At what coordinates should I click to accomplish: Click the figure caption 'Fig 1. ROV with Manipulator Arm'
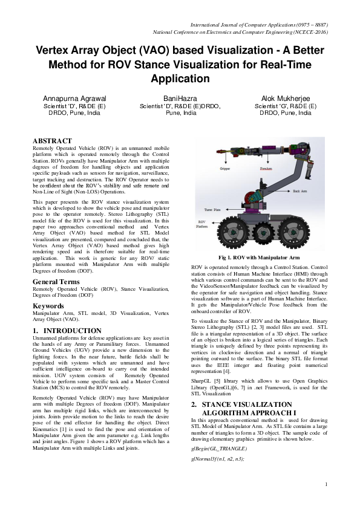[261, 258]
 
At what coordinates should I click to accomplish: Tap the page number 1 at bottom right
[326, 484]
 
